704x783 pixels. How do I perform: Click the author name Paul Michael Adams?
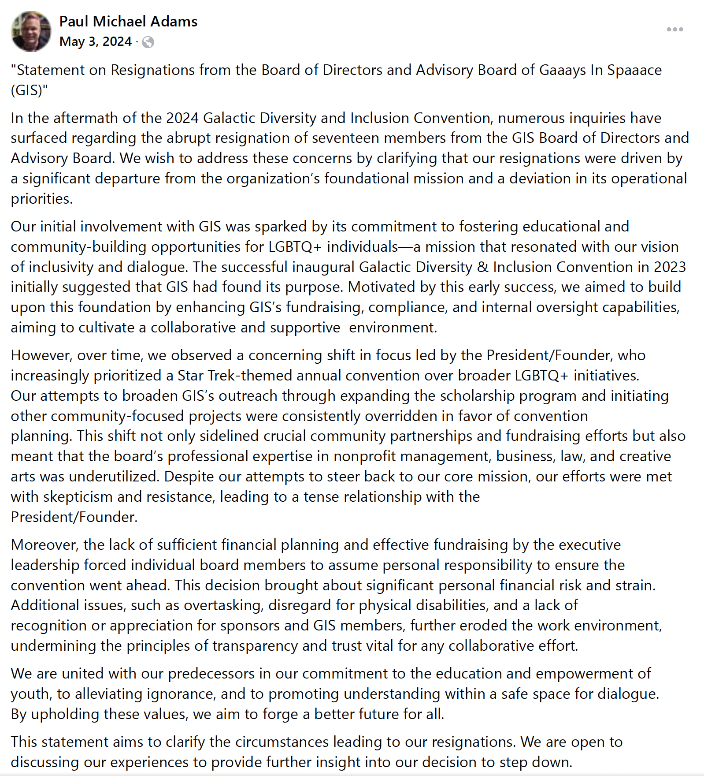[128, 21]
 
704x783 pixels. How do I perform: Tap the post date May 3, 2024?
[96, 41]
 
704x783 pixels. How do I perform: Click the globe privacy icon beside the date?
[148, 42]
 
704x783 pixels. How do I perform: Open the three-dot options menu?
[674, 30]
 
